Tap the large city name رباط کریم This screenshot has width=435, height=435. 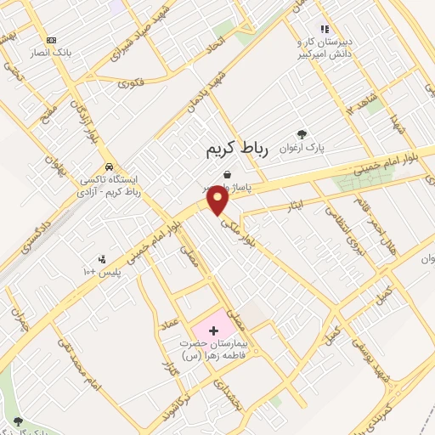coord(237,150)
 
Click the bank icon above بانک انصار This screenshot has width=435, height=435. coord(52,40)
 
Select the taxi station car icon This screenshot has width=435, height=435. coord(109,167)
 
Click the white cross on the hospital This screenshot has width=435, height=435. coord(213,328)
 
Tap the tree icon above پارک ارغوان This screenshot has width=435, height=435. coord(301,133)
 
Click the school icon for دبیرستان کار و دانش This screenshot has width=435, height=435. coord(324,29)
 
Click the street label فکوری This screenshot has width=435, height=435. coord(132,82)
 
